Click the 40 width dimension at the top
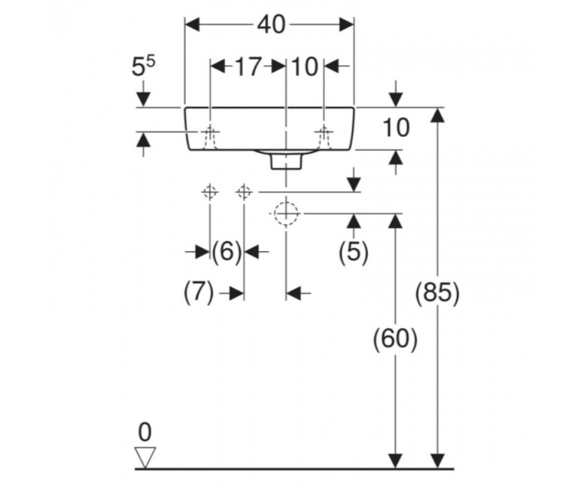coord(271,25)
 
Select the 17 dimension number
coord(248,68)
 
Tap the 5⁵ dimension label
coord(143,66)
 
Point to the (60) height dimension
coord(395,340)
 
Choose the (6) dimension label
coord(227,251)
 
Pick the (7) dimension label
coord(199,292)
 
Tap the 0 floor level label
coord(145,433)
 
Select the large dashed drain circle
coord(287,214)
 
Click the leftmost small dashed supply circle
coord(210,193)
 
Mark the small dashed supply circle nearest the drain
coord(244,193)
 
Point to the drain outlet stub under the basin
coord(286,162)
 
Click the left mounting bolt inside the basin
coord(210,137)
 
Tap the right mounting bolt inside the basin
coord(324,137)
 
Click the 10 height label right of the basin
coord(396,128)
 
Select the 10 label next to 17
coord(304,68)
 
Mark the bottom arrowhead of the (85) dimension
coord(437,461)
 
